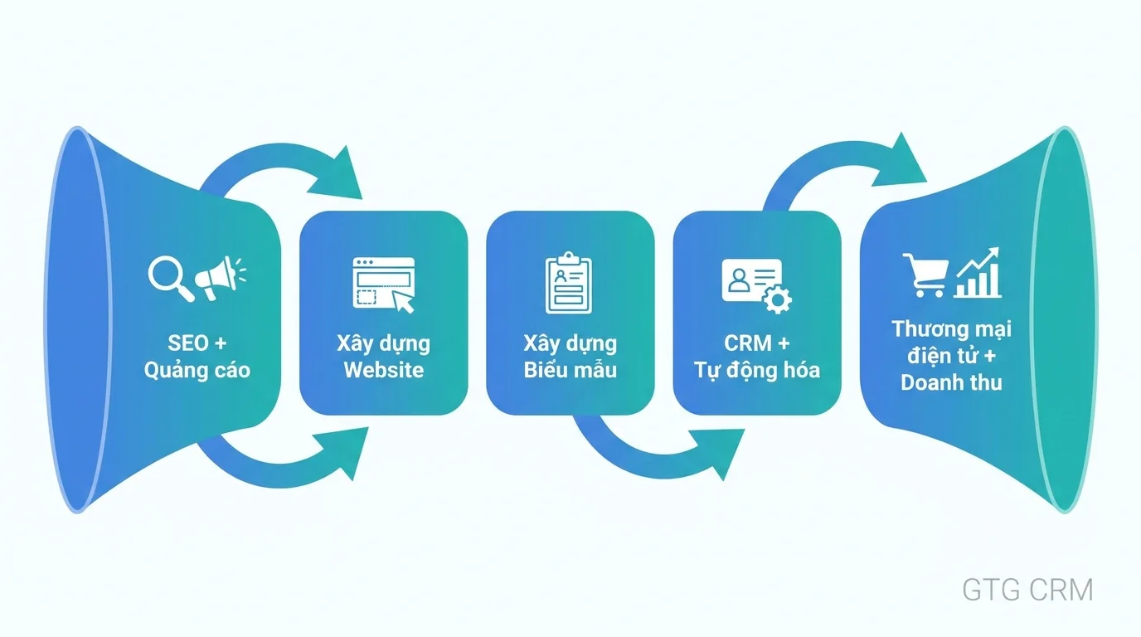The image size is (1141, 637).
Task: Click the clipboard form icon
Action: [x=570, y=284]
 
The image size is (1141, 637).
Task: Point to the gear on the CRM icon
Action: [x=777, y=299]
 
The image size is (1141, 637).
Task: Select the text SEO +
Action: [x=197, y=343]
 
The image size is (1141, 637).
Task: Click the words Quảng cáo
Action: [x=197, y=370]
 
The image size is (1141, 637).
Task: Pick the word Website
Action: [x=383, y=370]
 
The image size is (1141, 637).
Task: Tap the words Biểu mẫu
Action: [x=570, y=370]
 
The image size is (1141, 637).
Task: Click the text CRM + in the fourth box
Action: [x=756, y=343]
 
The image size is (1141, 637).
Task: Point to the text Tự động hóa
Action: [x=756, y=370]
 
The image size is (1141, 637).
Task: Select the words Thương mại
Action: [x=951, y=328]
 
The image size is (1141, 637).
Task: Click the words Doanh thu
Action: [x=951, y=382]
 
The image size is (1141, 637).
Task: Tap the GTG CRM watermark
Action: [x=1027, y=590]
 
